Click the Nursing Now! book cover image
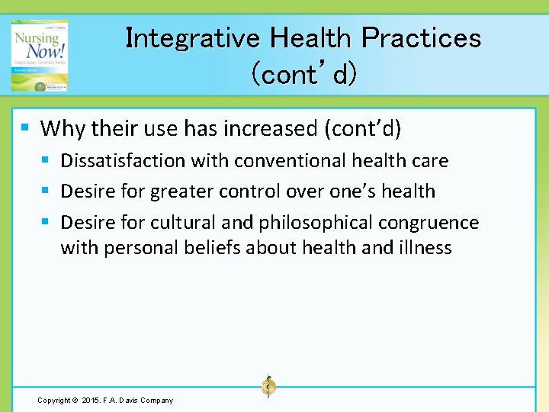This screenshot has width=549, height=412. pyautogui.click(x=39, y=56)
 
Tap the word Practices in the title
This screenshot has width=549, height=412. pyautogui.click(x=421, y=37)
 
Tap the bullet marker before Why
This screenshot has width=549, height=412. pyautogui.click(x=26, y=127)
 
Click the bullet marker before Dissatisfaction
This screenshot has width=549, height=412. pyautogui.click(x=47, y=160)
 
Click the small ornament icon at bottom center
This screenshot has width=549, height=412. pyautogui.click(x=268, y=387)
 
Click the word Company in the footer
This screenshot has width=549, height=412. pyautogui.click(x=156, y=401)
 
